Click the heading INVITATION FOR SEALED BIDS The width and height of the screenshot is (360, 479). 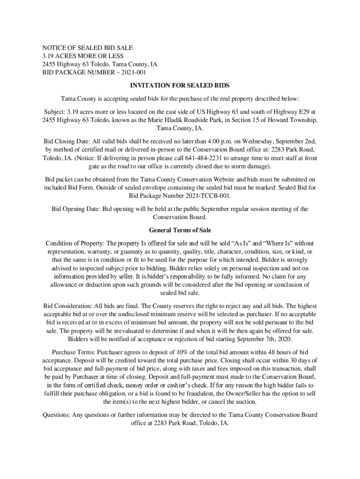click(180, 86)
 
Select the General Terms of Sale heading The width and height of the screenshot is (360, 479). click(180, 230)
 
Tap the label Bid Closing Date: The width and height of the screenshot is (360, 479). click(67, 141)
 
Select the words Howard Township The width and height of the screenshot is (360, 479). click(291, 120)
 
